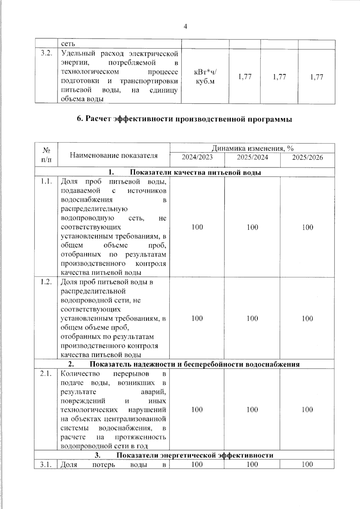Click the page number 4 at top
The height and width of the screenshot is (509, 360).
coord(185,27)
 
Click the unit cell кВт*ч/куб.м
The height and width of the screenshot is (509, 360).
coord(205,77)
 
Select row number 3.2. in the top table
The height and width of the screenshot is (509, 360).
coord(46,53)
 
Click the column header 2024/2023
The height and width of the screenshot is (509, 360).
coord(197,157)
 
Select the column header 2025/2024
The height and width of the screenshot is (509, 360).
coord(252,157)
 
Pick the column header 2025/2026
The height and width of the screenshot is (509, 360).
coord(307,157)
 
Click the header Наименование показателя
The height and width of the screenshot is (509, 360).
coord(114,155)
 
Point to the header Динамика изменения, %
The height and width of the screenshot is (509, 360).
coord(252,148)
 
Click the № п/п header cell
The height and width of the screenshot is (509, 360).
coord(46,155)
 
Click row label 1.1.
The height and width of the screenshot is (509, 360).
coord(46,181)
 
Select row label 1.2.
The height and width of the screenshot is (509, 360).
coord(46,282)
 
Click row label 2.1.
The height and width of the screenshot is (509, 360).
coord(46,374)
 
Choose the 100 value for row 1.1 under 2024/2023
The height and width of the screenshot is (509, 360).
coord(197,227)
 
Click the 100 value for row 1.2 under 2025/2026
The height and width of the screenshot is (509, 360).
coord(307,318)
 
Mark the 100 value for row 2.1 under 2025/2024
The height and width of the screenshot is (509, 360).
coord(252,410)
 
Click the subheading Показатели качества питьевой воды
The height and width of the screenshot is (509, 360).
coord(195,172)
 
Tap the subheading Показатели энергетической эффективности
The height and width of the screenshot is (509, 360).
coord(195,455)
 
